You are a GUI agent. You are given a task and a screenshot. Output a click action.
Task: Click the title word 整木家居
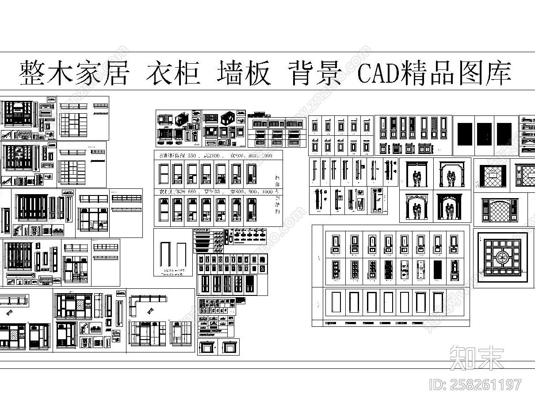73,73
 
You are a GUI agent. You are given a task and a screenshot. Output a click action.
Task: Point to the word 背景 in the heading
315,73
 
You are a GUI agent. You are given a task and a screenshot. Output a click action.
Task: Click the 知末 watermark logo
476,357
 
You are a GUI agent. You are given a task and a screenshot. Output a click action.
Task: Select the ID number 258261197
485,384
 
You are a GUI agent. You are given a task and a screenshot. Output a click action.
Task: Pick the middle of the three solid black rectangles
484,134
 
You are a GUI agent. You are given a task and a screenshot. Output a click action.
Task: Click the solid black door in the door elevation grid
437,269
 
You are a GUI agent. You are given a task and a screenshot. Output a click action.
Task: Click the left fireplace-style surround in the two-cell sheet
206,348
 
